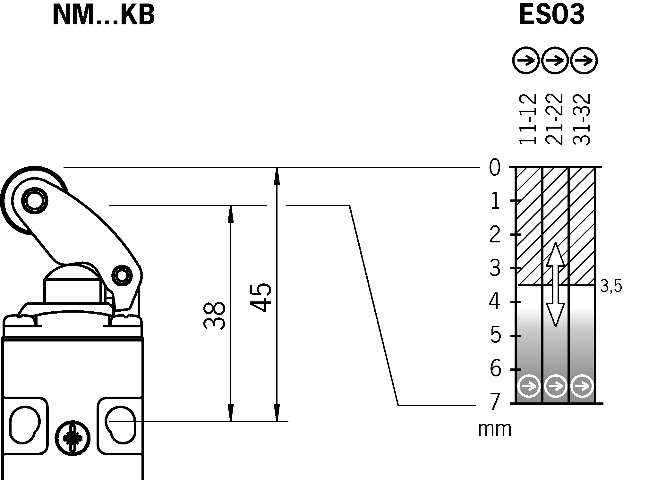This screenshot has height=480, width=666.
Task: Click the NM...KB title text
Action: coord(103,15)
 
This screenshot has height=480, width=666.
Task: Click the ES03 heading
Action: coord(551,15)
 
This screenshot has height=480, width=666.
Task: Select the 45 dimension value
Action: coord(260,297)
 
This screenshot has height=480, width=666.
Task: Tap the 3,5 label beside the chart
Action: coord(611,286)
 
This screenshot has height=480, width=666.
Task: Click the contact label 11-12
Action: coord(528,119)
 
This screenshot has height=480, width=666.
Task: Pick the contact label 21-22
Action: coord(554,119)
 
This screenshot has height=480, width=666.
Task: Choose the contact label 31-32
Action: coord(581,119)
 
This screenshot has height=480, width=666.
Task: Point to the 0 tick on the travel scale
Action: coord(494,167)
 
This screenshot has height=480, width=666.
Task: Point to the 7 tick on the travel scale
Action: coord(494,402)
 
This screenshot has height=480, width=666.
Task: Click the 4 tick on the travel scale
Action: coord(494,302)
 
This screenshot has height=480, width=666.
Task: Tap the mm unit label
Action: coord(494,429)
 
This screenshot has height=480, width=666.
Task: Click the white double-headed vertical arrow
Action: coord(555,284)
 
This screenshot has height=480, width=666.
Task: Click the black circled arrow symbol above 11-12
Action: coord(526,60)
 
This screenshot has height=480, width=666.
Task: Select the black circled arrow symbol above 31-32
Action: coord(584,60)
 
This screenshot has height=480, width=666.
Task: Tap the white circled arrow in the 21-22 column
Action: coord(556,386)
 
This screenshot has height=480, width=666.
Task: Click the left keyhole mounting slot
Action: coord(24,425)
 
